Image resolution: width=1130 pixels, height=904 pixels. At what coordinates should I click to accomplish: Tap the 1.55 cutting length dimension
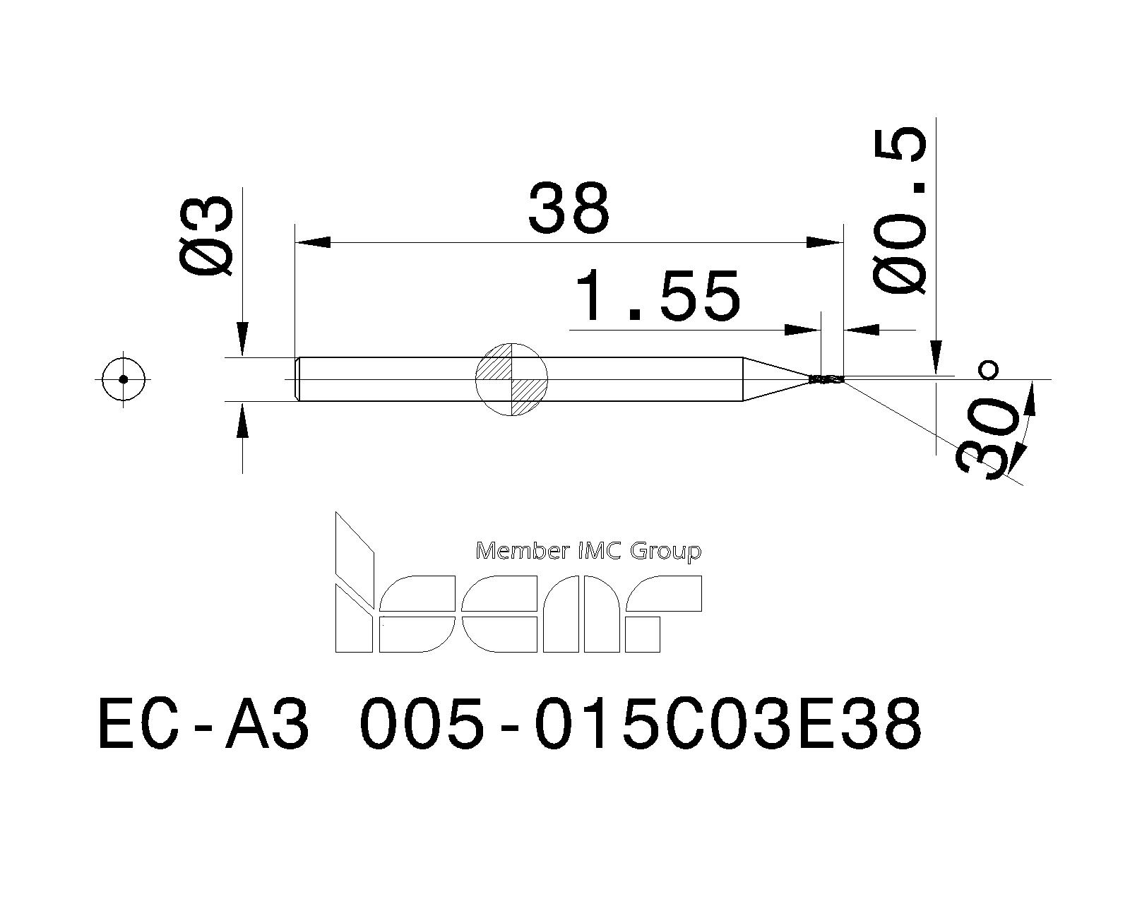click(658, 295)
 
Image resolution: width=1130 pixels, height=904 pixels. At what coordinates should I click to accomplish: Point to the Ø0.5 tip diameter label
click(900, 212)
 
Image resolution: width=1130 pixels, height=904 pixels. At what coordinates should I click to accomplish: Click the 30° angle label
click(985, 438)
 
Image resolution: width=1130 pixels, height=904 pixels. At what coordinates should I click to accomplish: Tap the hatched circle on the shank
click(512, 379)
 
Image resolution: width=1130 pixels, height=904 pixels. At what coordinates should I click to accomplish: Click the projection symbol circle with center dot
click(124, 379)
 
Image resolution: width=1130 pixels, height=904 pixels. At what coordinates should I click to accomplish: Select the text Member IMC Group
click(588, 551)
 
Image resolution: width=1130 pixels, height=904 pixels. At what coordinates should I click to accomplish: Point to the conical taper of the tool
click(773, 379)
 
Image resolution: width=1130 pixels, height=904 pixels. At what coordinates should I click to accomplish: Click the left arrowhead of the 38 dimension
click(312, 242)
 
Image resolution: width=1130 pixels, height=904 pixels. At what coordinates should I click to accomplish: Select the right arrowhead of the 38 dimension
click(825, 242)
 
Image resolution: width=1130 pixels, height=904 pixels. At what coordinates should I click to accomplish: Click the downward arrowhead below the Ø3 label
click(242, 340)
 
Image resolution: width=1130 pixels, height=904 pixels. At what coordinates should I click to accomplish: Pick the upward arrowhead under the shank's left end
click(242, 422)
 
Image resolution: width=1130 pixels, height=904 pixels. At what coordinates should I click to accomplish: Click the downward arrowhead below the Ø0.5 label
click(936, 355)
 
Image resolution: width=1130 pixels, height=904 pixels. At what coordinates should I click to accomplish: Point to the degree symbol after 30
click(989, 370)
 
